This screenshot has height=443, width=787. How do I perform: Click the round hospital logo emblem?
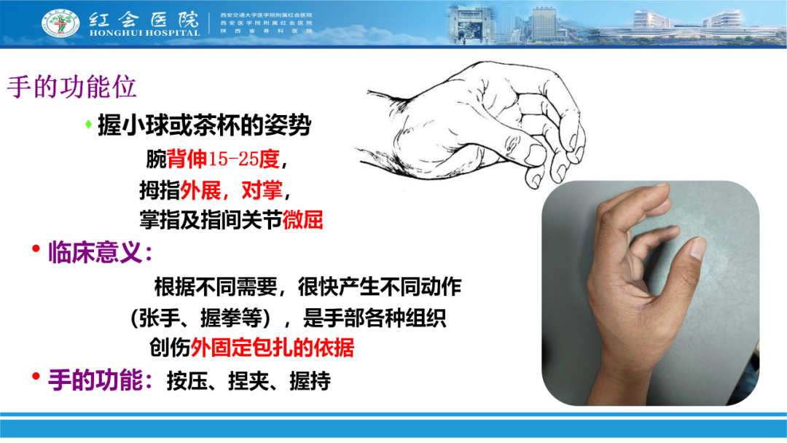61,23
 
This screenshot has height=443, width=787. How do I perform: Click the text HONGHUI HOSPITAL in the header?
143,33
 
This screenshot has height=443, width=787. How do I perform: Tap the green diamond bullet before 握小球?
88,125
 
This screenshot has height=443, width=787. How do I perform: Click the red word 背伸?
187,158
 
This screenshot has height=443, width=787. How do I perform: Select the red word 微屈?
302,219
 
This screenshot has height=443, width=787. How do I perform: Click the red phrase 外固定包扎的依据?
273,348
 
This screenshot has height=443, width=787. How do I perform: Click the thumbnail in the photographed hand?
697,250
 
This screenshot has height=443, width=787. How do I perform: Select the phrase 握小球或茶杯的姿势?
205,126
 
